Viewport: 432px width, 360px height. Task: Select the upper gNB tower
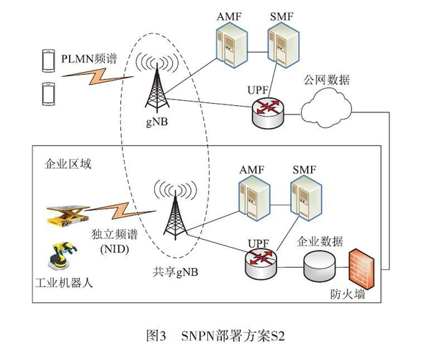pyautogui.click(x=158, y=89)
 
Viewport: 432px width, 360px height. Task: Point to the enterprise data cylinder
pyautogui.click(x=320, y=266)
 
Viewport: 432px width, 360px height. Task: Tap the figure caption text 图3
pyautogui.click(x=156, y=335)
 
